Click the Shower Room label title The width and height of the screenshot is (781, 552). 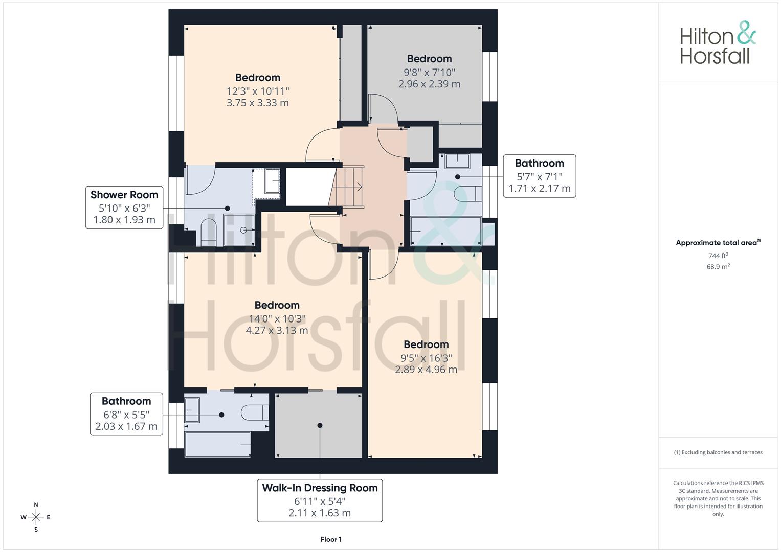[x=124, y=195]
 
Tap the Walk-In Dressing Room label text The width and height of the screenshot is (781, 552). [x=320, y=488]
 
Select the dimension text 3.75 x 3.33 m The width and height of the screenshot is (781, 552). [x=258, y=103]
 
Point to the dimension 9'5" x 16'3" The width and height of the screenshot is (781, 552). [x=426, y=358]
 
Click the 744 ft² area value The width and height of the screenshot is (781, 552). [x=718, y=256]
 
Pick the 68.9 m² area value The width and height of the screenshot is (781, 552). [x=718, y=267]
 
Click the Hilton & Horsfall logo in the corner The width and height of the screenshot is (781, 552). [x=718, y=43]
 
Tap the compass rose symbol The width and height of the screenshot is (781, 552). [x=36, y=517]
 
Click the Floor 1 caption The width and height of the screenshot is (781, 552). [x=331, y=539]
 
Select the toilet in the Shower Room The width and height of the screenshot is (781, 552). [x=209, y=233]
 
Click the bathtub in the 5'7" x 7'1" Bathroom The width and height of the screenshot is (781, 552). [x=446, y=231]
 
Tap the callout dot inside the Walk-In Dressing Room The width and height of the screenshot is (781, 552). [x=320, y=425]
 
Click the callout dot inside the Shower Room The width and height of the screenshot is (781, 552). [x=227, y=208]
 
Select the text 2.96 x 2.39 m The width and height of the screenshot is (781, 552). [x=429, y=84]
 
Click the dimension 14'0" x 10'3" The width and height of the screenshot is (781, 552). [x=277, y=318]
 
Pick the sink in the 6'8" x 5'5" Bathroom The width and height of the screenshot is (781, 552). [x=192, y=410]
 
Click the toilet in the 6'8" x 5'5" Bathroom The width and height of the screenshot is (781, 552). [x=255, y=412]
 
